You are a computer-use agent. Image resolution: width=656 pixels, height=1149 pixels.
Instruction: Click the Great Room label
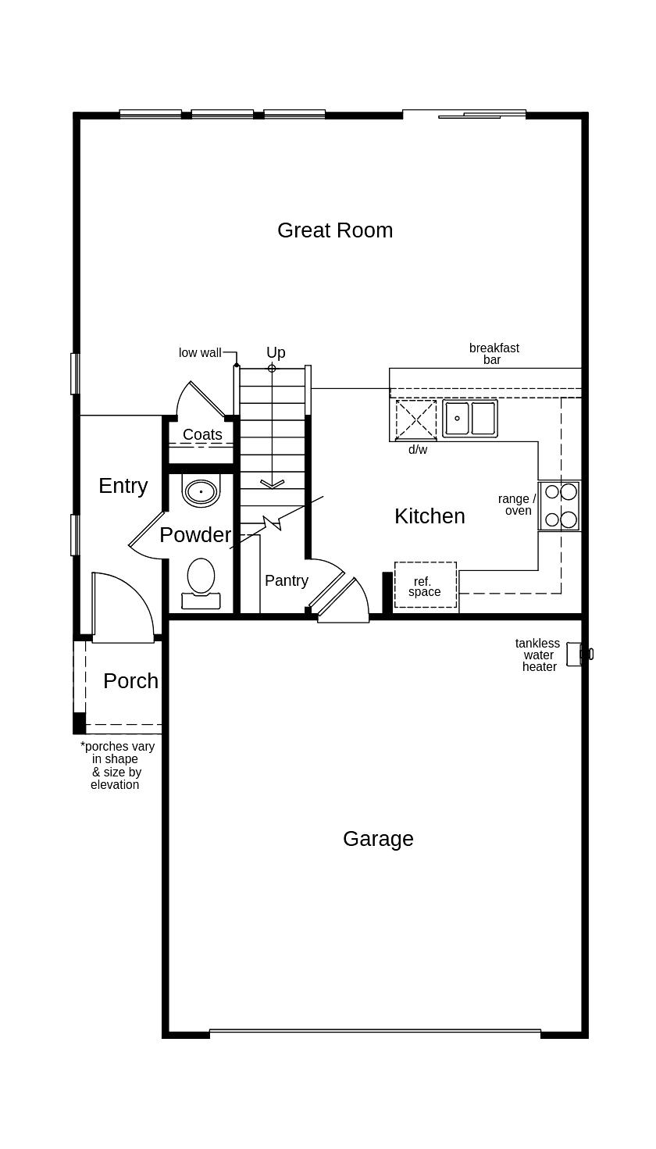coord(335,230)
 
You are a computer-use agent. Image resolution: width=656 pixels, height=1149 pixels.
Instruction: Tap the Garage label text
coord(378,839)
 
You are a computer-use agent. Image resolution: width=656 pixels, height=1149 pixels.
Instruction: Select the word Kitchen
coord(430,516)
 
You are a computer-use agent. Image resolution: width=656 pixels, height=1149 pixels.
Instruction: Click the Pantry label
coord(287,580)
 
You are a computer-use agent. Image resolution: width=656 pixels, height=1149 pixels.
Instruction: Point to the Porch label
coord(130,681)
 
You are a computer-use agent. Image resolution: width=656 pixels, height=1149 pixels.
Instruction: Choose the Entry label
coord(123,486)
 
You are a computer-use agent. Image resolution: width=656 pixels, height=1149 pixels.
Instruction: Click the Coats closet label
coord(202,434)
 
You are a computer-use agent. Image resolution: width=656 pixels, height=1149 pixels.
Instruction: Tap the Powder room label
coord(195,535)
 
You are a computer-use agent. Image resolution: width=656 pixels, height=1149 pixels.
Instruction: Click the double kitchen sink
coord(470,419)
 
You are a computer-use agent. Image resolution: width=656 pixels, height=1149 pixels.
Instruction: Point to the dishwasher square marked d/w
coord(416,420)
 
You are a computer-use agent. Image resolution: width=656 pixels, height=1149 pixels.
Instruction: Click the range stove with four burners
coord(560,505)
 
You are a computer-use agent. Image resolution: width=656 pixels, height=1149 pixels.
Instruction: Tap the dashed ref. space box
coord(425,585)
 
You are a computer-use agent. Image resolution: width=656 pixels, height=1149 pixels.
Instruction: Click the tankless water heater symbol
coord(576,654)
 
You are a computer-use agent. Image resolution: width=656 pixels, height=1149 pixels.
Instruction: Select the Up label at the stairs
coord(276,352)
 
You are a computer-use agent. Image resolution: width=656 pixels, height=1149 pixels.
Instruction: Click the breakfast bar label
coord(494,354)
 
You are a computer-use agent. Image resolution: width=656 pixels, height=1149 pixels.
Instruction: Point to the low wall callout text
coord(200,353)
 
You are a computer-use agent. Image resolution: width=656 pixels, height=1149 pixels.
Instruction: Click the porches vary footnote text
coord(116,765)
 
